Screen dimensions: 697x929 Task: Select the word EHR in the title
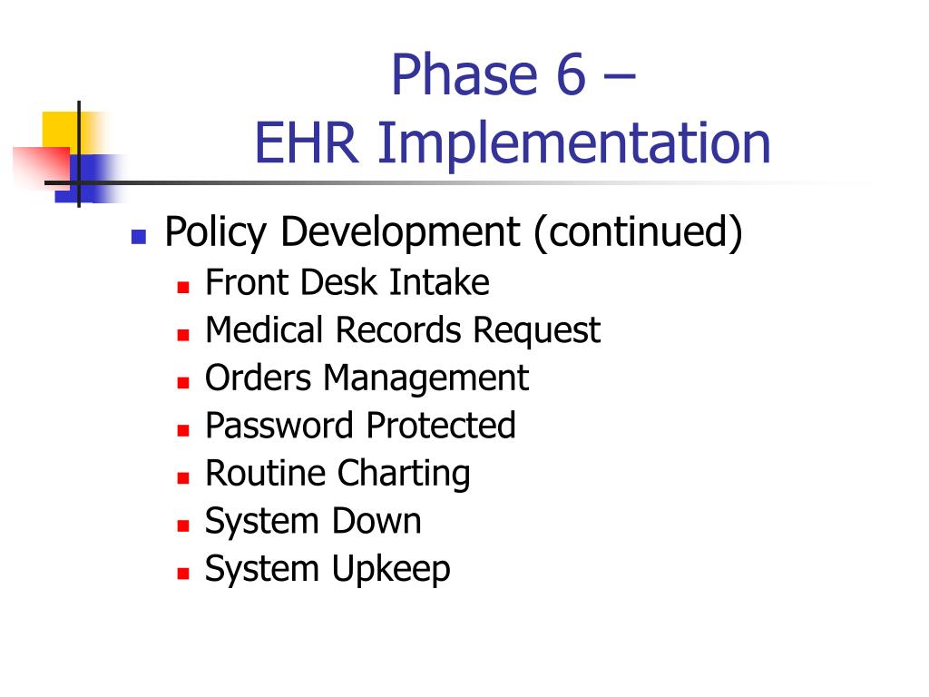coord(306,143)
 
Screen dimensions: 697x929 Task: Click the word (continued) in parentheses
coord(638,233)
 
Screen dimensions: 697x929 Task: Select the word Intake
coord(439,282)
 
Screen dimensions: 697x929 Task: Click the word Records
coord(400,329)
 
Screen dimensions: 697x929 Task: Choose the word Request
coord(536,331)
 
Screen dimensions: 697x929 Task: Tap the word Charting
coord(404,474)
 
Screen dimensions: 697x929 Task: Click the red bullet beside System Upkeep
coord(182,574)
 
